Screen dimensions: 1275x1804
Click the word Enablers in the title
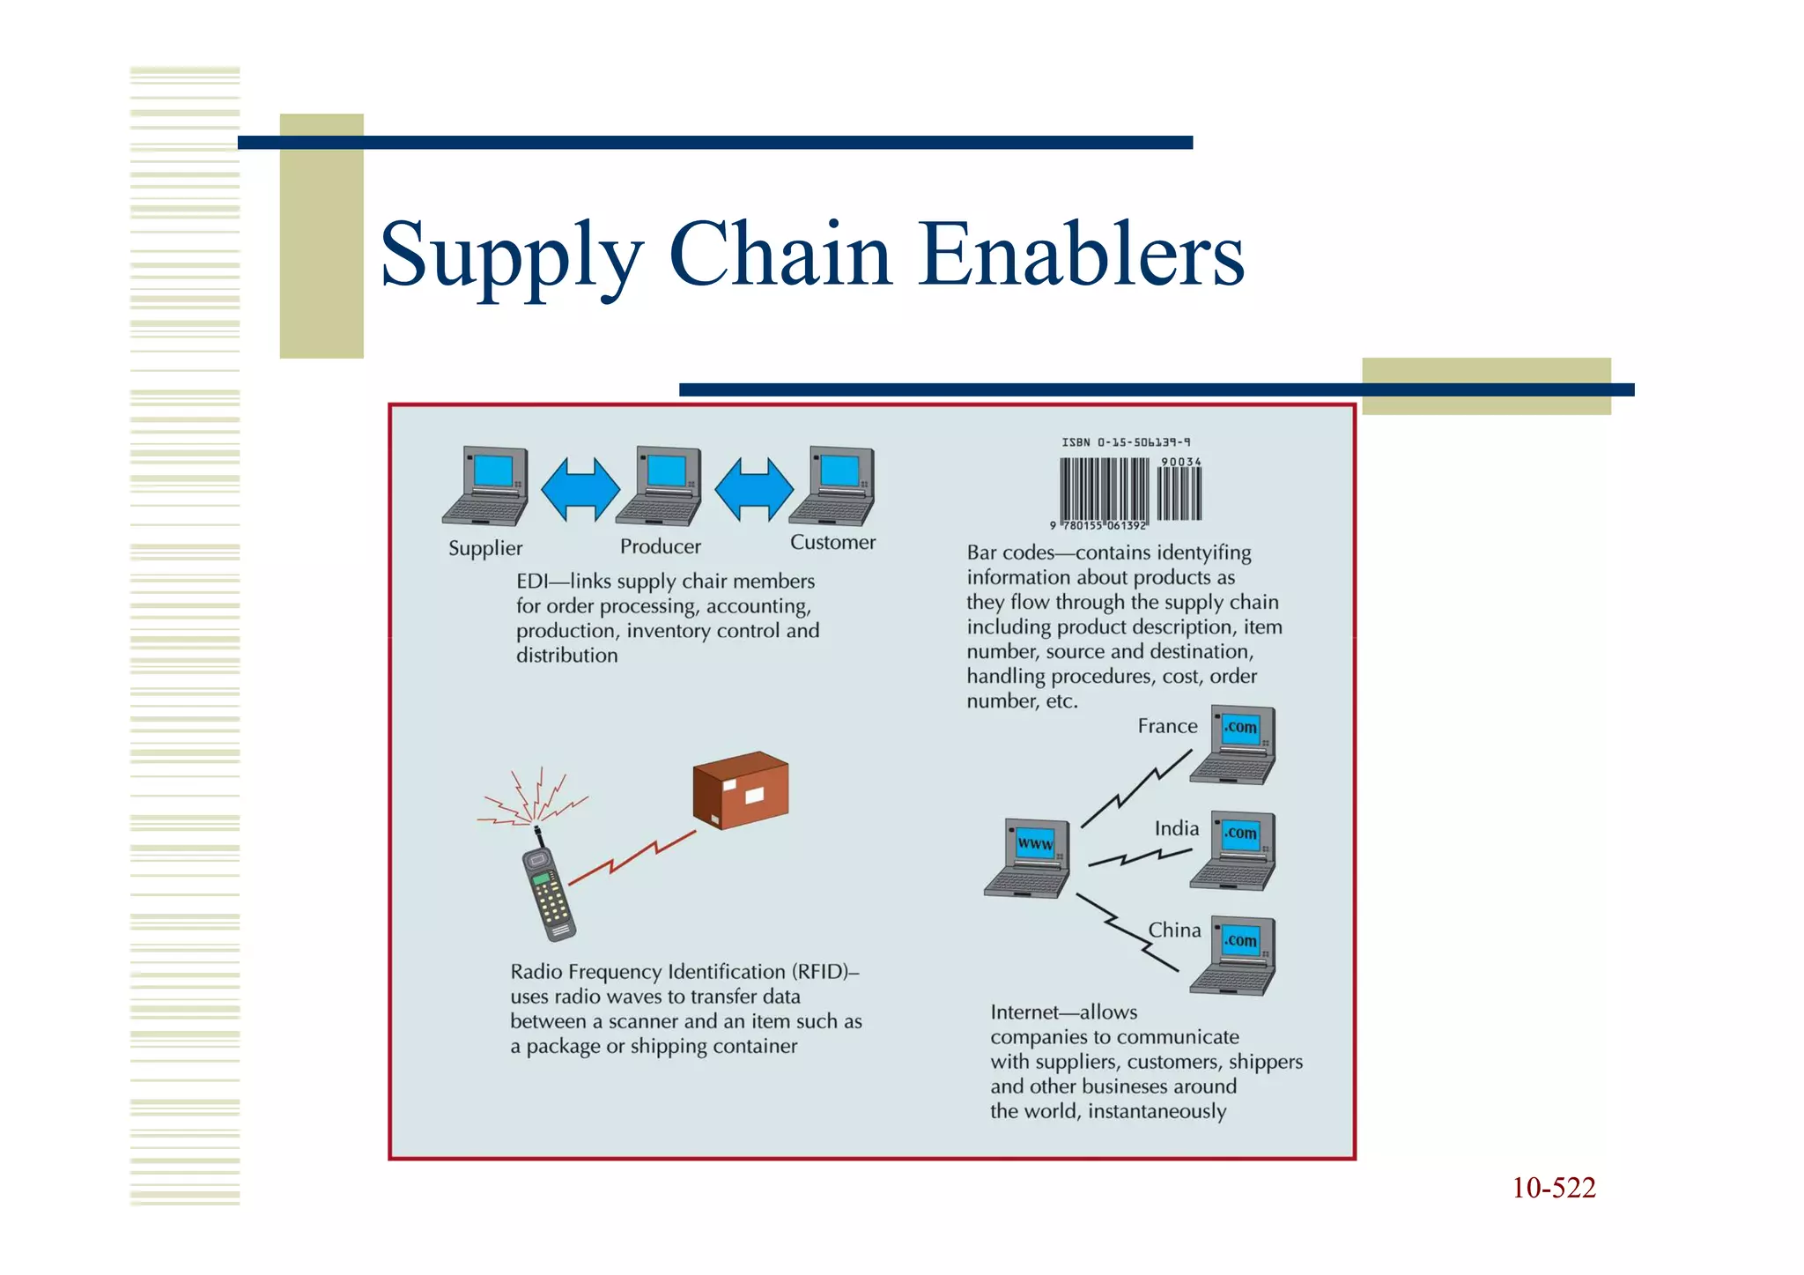(x=1081, y=255)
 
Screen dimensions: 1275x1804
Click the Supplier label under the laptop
(x=485, y=548)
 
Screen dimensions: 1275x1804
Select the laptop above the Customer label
(x=833, y=486)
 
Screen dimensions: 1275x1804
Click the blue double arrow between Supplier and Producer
(x=580, y=489)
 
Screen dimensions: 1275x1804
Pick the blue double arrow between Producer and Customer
(x=753, y=489)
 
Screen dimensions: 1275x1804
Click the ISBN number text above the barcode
(x=1126, y=442)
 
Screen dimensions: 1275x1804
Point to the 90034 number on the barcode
(x=1180, y=462)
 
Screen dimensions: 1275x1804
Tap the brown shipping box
(x=741, y=789)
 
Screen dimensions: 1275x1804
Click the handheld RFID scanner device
(x=549, y=892)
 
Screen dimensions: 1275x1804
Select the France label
(x=1167, y=726)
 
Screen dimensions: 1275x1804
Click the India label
(x=1177, y=828)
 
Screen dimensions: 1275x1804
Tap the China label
(x=1174, y=930)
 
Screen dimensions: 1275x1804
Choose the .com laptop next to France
(x=1234, y=745)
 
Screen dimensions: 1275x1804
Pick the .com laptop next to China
(x=1234, y=956)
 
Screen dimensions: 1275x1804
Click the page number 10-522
(x=1554, y=1188)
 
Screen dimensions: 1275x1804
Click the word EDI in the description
(x=531, y=582)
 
